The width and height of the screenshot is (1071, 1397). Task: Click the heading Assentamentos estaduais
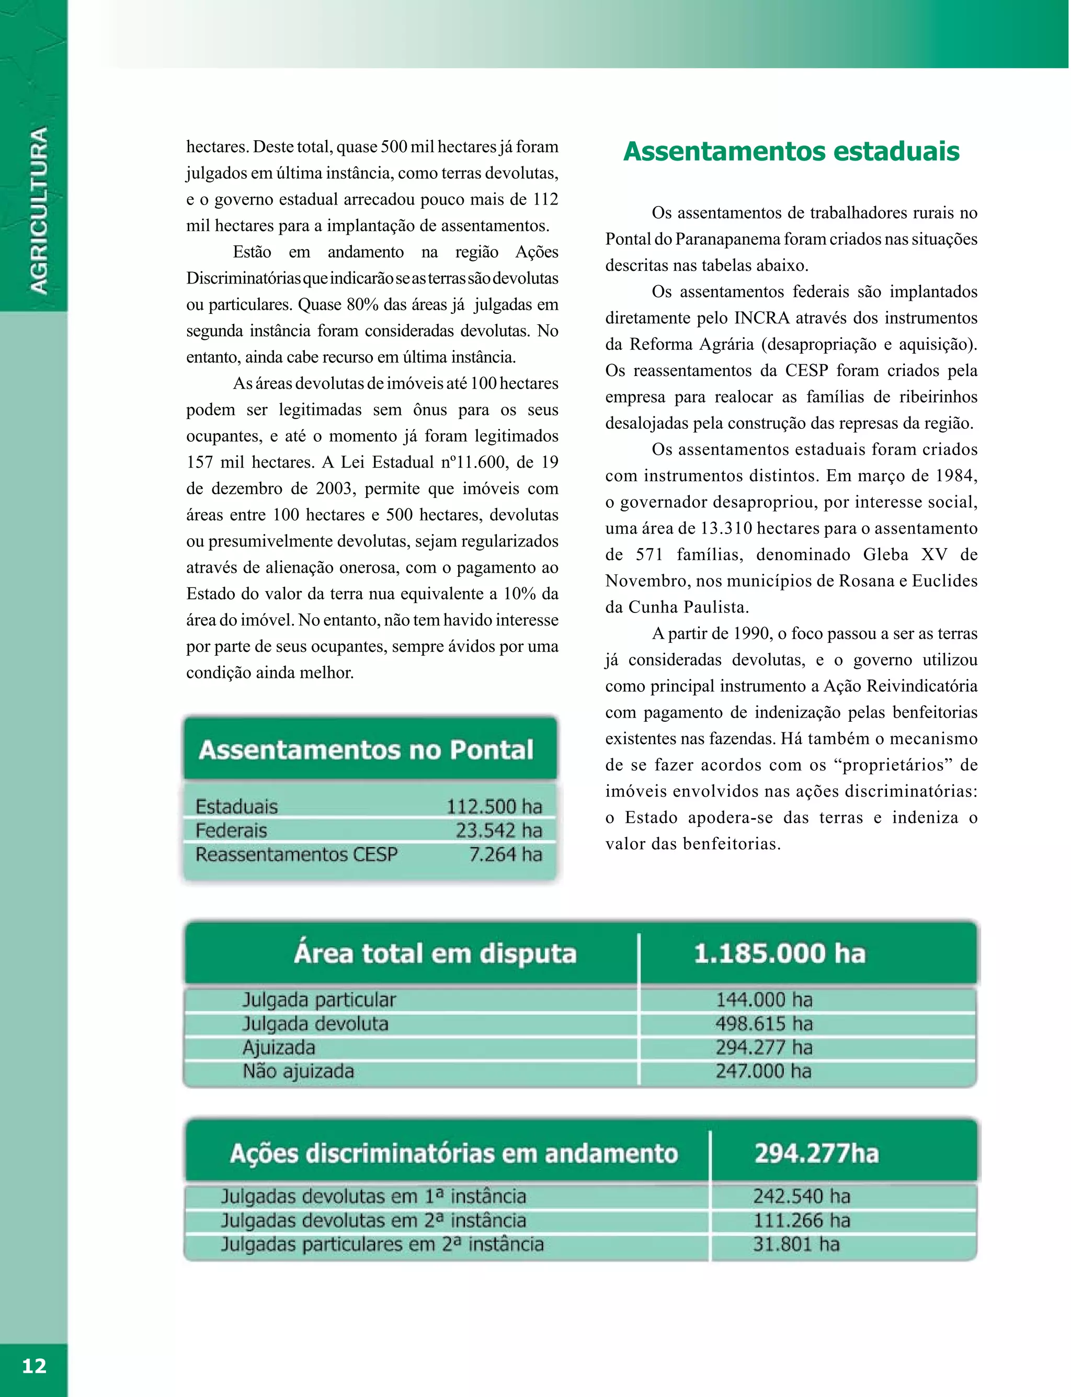[x=791, y=152]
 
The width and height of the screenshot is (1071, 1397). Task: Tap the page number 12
[x=34, y=1366]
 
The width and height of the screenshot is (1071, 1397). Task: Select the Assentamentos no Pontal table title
[x=366, y=750]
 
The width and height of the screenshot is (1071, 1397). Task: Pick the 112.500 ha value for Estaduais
[x=494, y=807]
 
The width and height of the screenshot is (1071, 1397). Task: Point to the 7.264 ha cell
[x=506, y=855]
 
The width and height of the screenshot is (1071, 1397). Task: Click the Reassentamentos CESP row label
[x=297, y=855]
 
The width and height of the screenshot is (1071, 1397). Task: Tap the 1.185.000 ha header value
[x=779, y=954]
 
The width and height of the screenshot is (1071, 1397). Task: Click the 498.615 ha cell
[x=764, y=1024]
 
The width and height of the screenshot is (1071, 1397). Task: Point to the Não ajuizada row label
[x=298, y=1071]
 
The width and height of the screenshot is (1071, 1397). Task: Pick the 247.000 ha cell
[x=763, y=1071]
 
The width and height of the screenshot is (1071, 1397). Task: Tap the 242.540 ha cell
[x=801, y=1196]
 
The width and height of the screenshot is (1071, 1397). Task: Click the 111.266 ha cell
[x=801, y=1220]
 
